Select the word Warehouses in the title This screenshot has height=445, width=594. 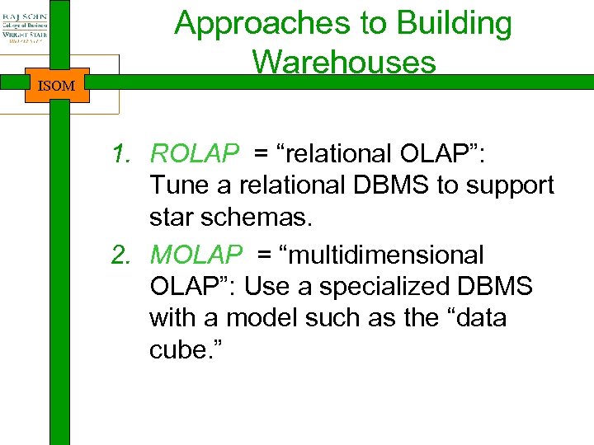(344, 62)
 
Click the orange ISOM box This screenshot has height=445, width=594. (56, 86)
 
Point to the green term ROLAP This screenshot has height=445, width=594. (195, 153)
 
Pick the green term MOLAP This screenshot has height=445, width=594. (196, 255)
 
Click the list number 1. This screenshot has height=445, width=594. (122, 153)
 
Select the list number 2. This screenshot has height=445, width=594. (122, 255)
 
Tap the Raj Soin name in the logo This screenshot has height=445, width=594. (24, 15)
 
